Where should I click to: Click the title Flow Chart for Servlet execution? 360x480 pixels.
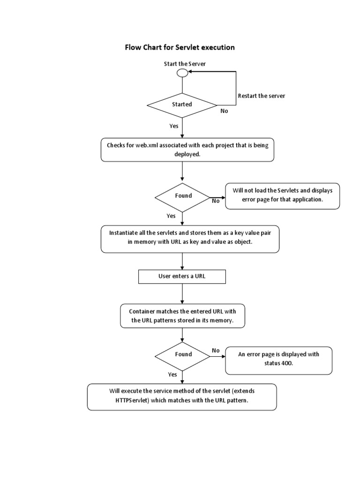[x=179, y=47]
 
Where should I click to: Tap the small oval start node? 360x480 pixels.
[x=182, y=73]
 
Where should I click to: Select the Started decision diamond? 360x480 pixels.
[x=182, y=104]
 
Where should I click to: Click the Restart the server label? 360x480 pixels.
[x=261, y=96]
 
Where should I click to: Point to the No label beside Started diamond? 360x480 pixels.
[x=224, y=111]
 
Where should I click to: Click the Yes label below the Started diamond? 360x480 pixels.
[x=173, y=126]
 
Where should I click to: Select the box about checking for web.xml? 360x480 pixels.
[x=187, y=150]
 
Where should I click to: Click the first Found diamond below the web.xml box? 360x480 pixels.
[x=183, y=196]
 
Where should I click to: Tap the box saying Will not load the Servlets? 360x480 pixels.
[x=283, y=196]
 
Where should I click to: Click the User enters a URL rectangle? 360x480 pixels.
[x=182, y=277]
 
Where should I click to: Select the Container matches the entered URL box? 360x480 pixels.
[x=182, y=316]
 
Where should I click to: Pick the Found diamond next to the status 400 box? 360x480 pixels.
[x=183, y=355]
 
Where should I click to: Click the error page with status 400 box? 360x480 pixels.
[x=278, y=360]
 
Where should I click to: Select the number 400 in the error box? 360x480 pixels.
[x=287, y=364]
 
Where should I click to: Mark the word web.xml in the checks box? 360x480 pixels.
[x=147, y=145]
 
